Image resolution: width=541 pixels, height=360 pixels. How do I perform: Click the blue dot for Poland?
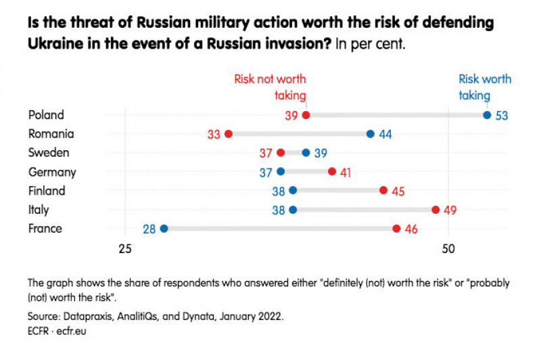click(487, 115)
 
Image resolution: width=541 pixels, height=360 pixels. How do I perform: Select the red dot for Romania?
click(229, 134)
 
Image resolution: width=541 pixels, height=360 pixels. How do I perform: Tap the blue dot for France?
click(164, 229)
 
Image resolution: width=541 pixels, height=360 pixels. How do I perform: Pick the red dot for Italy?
click(436, 210)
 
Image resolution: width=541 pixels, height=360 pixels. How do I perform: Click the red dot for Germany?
click(332, 172)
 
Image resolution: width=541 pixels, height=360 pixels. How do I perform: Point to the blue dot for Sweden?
click(306, 153)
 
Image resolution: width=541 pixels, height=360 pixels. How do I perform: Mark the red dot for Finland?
click(383, 191)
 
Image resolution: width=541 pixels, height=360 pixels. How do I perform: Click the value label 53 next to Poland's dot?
click(502, 116)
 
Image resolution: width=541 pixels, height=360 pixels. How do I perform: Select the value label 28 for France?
click(149, 229)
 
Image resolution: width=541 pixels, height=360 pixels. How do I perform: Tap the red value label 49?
click(450, 210)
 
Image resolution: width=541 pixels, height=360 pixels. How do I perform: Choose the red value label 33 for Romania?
click(214, 135)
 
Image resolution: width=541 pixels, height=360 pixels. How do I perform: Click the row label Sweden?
click(49, 153)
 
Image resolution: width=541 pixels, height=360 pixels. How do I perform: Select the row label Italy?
click(39, 210)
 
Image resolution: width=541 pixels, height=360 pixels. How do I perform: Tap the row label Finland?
click(47, 191)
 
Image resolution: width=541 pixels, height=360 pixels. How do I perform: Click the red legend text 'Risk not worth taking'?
click(270, 87)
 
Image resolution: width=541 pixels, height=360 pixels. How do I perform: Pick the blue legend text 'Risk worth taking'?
click(485, 87)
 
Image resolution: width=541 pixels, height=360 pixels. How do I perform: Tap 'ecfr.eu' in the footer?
click(71, 332)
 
